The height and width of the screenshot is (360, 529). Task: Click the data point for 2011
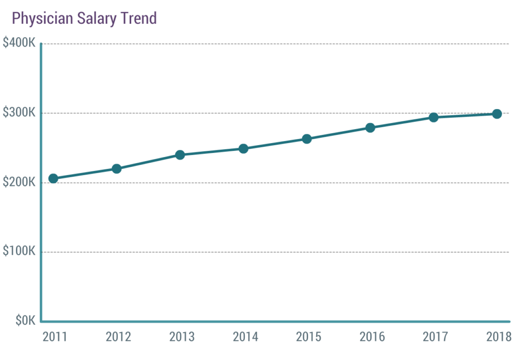[53, 179]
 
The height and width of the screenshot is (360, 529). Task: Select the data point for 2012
[117, 169]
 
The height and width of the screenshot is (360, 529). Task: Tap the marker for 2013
[180, 155]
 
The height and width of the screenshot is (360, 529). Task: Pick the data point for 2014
[243, 149]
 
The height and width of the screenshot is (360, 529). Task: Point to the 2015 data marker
[307, 139]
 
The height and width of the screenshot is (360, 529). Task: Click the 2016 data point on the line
[370, 128]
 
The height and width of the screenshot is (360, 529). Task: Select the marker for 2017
[433, 117]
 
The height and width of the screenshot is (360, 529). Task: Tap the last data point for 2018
[497, 114]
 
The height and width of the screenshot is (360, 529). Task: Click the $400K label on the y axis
[19, 43]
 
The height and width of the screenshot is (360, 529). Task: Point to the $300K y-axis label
[19, 113]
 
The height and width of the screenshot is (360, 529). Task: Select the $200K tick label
[19, 182]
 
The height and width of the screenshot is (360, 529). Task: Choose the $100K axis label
[19, 252]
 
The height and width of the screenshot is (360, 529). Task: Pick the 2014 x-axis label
[245, 337]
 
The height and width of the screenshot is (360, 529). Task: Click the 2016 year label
[372, 337]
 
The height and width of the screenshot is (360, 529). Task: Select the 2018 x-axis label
[499, 337]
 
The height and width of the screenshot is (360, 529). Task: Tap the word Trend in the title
[138, 19]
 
